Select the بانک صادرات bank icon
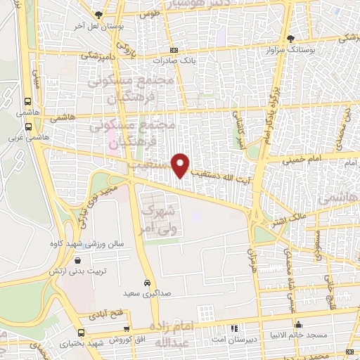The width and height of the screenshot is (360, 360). pyautogui.click(x=174, y=50)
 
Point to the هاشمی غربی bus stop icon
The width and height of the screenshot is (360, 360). pyautogui.click(x=27, y=127)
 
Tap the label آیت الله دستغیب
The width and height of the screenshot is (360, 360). pyautogui.click(x=214, y=165)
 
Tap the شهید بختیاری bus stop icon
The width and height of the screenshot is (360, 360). pyautogui.click(x=82, y=333)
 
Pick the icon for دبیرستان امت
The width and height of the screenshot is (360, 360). pyautogui.click(x=233, y=328)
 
